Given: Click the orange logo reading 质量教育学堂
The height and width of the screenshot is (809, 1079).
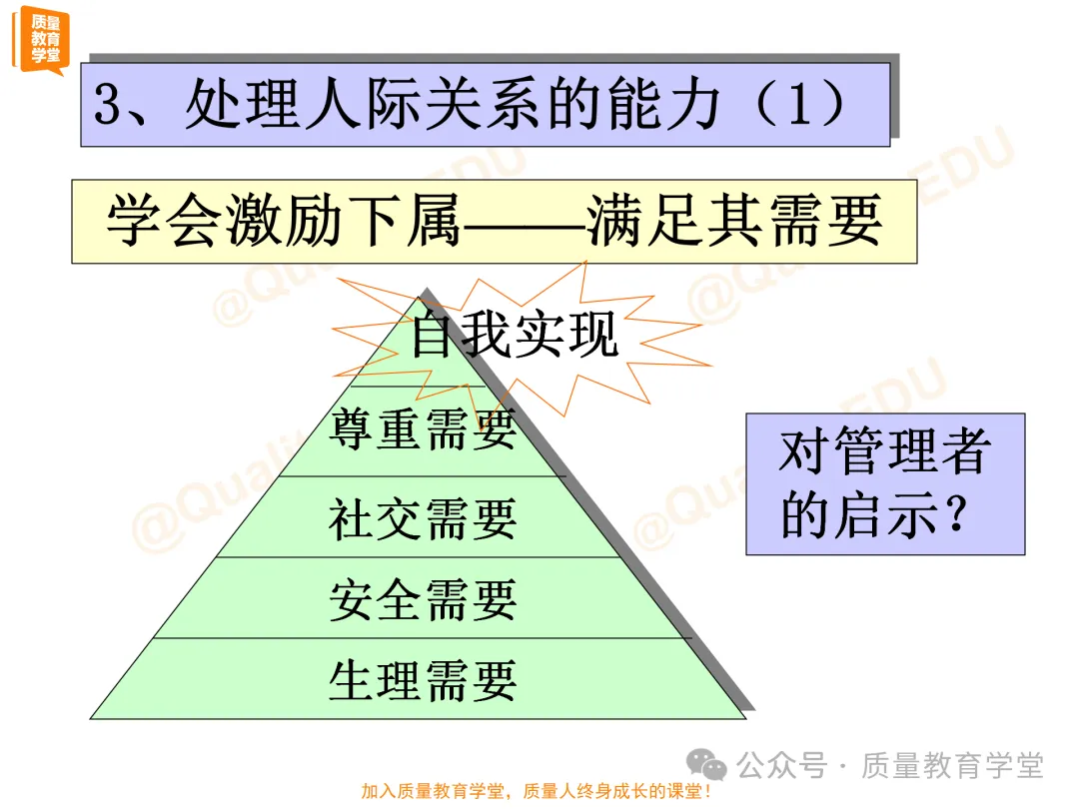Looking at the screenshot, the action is [x=43, y=39].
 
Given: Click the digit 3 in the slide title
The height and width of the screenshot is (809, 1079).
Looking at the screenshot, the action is [x=108, y=106].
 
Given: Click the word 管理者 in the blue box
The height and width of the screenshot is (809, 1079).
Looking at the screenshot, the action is [x=909, y=451].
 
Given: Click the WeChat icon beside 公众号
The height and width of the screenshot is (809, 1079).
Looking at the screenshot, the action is [x=712, y=767].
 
